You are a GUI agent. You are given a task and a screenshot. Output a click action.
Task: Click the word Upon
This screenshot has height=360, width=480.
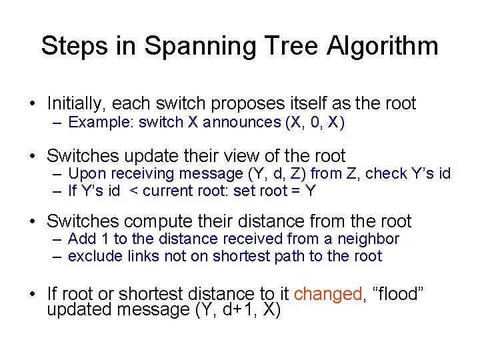point(85,174)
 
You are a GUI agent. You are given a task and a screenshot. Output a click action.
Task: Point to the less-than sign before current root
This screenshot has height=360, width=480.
point(135,191)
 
